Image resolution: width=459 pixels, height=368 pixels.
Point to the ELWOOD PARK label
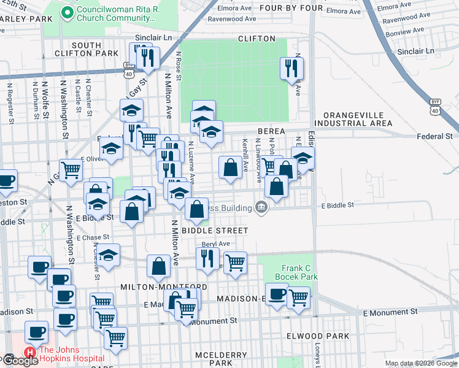(x=318, y=336)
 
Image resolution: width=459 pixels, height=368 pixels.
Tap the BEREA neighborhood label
(x=271, y=131)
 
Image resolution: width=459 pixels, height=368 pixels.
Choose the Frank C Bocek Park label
(x=299, y=273)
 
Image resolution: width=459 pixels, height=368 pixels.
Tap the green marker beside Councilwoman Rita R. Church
(x=67, y=12)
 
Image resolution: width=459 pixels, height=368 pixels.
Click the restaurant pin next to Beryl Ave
(x=207, y=257)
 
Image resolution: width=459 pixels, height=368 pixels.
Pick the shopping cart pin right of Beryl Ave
(x=235, y=263)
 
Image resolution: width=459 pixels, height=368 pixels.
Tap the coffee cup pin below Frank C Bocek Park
(x=277, y=294)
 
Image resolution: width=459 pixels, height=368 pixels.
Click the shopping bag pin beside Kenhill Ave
(x=230, y=167)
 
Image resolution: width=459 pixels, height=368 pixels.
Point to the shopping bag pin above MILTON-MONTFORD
(x=158, y=267)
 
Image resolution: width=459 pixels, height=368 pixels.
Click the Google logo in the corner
(x=20, y=361)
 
